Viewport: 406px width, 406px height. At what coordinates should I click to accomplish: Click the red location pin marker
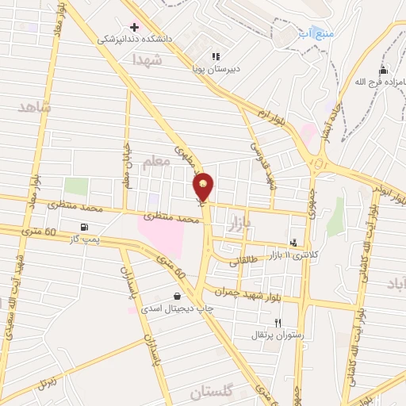pyautogui.click(x=203, y=186)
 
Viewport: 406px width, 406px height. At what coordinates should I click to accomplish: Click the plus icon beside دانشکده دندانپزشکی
pyautogui.click(x=134, y=27)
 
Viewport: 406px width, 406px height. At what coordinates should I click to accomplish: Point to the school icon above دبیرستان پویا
pyautogui.click(x=216, y=56)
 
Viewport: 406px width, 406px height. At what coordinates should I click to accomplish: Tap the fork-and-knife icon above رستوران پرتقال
pyautogui.click(x=277, y=323)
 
